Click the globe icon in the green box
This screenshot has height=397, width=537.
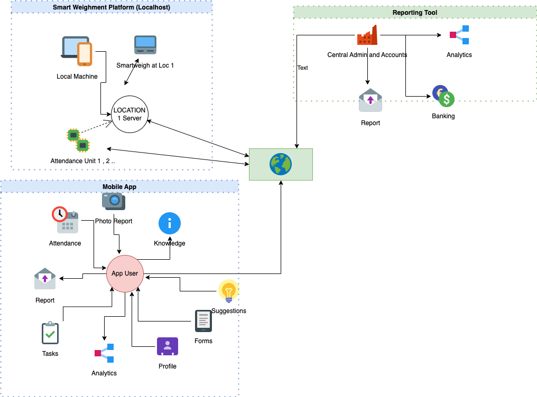point(281,164)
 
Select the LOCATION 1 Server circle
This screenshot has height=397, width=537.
point(129,114)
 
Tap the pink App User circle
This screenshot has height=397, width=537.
point(125,273)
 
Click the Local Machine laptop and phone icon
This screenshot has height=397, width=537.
point(77,51)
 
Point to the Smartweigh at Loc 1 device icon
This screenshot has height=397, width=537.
point(145,45)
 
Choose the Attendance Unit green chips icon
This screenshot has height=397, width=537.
point(78,140)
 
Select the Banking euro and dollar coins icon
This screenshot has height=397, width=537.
point(443,97)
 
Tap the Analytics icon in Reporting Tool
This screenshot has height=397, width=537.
point(459,35)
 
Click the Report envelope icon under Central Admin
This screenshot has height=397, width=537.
point(370,100)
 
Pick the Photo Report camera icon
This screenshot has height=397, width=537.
point(114,201)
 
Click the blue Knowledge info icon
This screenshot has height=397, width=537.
point(170,223)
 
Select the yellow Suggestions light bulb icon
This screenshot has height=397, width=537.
point(228,291)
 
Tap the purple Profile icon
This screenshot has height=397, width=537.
point(168,347)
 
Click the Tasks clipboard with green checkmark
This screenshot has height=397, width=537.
point(50,333)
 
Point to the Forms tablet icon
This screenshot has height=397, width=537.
point(203,321)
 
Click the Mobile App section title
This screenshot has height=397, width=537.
point(119,186)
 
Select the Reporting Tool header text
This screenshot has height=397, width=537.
point(414,13)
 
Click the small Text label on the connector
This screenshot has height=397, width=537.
point(302,68)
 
